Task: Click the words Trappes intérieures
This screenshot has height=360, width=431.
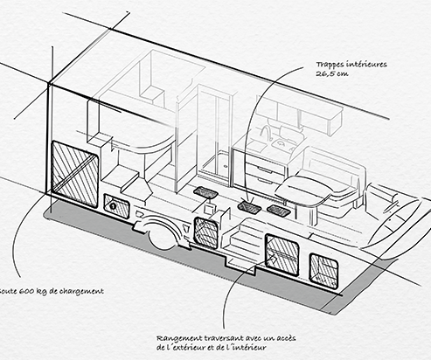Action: tap(351, 65)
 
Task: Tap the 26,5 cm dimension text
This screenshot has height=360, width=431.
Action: tap(332, 73)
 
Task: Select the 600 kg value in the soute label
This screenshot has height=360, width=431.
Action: tap(31, 291)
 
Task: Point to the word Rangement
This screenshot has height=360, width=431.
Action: tap(179, 338)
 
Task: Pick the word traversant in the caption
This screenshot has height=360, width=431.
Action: tap(224, 338)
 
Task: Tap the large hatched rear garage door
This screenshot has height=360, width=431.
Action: tap(74, 175)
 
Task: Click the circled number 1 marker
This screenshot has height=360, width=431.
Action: tap(113, 206)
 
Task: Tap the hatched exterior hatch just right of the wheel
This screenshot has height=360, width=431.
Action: tap(206, 233)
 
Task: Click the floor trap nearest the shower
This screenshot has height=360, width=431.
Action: tap(205, 192)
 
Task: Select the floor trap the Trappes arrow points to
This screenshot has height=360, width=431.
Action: tap(249, 207)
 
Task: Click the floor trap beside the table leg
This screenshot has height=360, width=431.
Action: tap(279, 211)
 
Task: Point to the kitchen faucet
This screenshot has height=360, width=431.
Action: tap(266, 133)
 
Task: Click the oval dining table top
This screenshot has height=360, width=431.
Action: tap(303, 191)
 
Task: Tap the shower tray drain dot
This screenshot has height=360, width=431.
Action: tap(225, 167)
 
